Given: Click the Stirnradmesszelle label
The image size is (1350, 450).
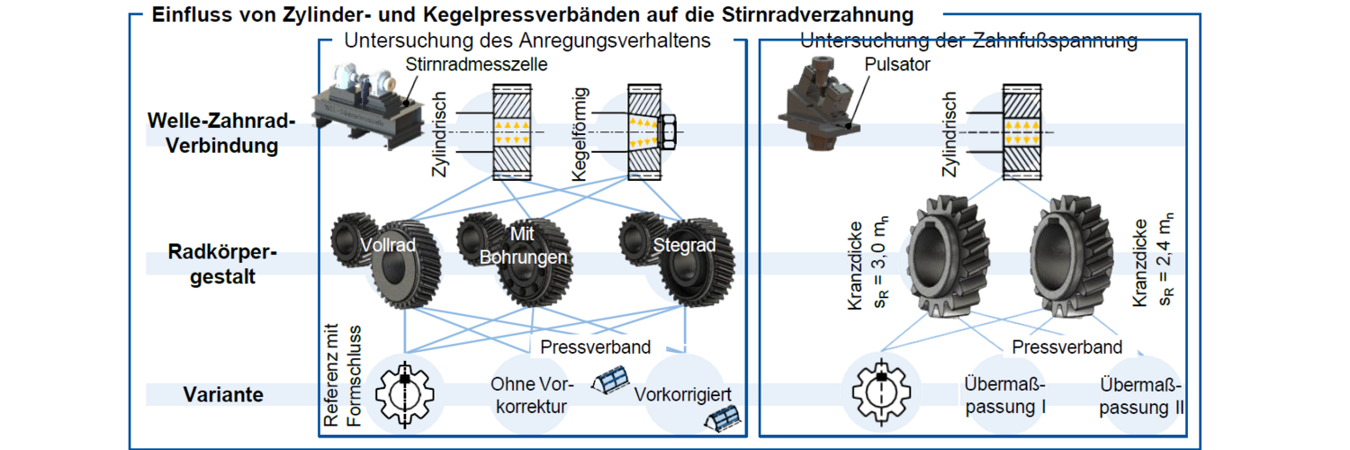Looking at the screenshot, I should [476, 64].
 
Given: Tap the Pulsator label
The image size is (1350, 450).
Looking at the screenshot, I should [897, 65].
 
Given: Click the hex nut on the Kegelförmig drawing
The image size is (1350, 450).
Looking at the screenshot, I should [669, 131].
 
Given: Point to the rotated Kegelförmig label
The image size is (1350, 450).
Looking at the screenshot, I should [580, 133].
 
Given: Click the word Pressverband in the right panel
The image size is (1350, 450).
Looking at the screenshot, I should [1066, 347].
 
